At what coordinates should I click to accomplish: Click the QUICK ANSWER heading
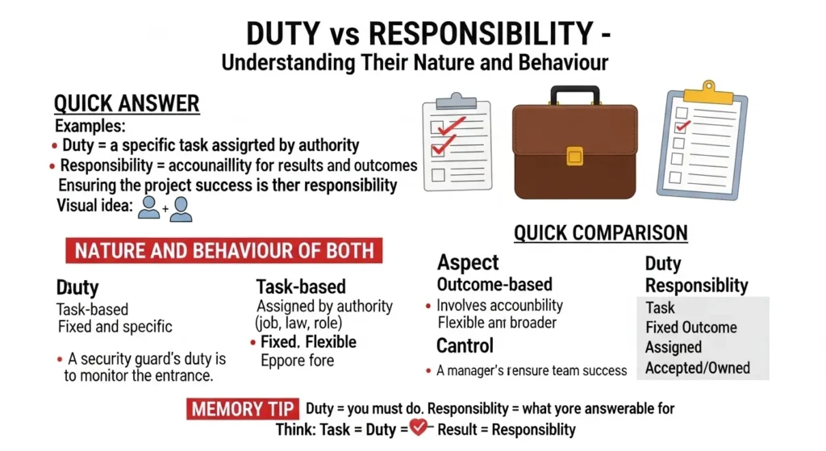coord(126,103)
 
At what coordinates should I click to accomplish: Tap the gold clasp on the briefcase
coord(574,156)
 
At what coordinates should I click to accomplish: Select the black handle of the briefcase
coord(574,94)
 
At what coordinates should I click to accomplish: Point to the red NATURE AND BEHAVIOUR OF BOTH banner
coord(224,250)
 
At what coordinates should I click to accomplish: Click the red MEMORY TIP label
coord(243,408)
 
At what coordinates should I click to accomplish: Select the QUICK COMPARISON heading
coord(600,233)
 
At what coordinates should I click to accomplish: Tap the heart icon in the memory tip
coord(418,428)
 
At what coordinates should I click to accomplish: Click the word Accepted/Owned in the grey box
coord(698,368)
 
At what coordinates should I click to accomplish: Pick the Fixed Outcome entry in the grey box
coord(691,328)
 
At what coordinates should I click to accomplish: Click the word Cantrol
coord(465,346)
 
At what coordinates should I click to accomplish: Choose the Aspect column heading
coord(468,262)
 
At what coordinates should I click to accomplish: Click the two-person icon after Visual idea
coord(165,208)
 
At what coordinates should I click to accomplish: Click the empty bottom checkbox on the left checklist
coord(439,174)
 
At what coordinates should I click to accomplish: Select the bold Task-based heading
coord(301,286)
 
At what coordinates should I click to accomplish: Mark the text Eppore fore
coord(297,360)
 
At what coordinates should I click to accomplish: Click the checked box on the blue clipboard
coord(682,126)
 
